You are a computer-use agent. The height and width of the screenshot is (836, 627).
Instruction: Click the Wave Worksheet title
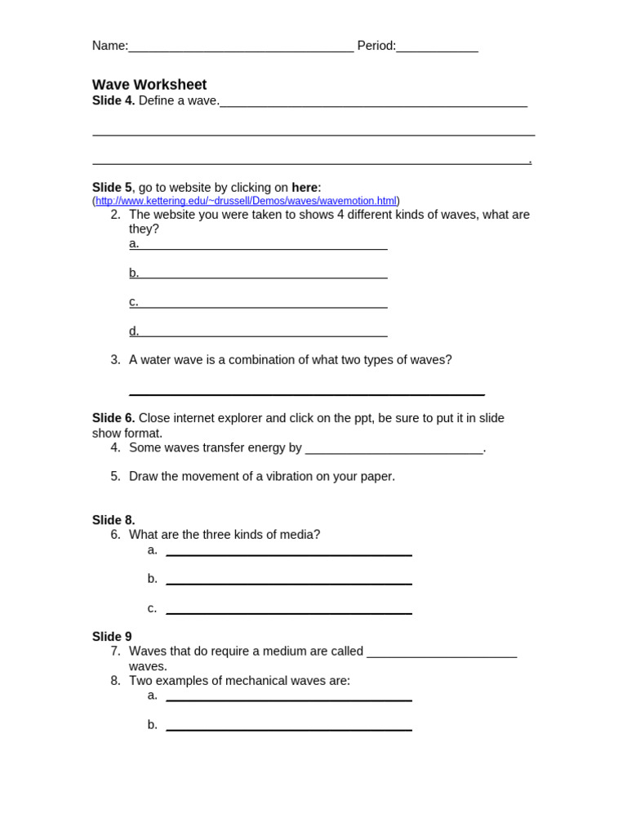tap(149, 85)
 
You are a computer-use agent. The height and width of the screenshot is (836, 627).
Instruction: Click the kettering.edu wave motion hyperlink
tap(246, 201)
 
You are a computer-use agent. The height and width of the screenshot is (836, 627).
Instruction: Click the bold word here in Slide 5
tap(305, 188)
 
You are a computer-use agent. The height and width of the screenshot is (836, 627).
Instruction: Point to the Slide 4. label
tap(113, 100)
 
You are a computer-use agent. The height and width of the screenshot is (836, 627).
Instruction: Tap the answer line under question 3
tap(306, 392)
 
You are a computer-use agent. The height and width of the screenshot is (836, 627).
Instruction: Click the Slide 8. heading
tap(113, 520)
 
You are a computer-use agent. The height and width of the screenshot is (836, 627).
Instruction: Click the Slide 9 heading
tap(112, 637)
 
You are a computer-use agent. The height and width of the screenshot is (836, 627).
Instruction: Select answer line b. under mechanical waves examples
tap(288, 727)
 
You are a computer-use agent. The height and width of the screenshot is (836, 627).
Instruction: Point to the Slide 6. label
tap(113, 418)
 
